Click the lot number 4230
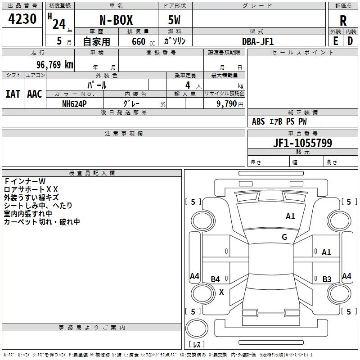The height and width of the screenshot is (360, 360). [x=22, y=19]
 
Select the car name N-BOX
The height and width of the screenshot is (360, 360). [x=116, y=20]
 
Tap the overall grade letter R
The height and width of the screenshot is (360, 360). [x=343, y=21]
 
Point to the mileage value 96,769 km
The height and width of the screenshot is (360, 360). [x=55, y=65]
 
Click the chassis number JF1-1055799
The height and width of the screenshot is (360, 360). [x=302, y=143]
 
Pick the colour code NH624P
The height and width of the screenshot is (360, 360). [x=74, y=104]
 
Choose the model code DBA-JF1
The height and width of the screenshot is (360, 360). [x=258, y=41]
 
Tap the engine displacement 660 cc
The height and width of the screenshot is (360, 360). [x=143, y=42]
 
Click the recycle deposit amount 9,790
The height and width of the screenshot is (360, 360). [x=227, y=104]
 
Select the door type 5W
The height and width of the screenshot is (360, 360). [x=174, y=20]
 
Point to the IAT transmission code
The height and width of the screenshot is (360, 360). [x=13, y=94]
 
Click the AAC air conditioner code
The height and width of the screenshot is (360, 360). [x=35, y=94]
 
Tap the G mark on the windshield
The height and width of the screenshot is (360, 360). [x=284, y=237]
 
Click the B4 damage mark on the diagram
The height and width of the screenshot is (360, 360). [x=216, y=279]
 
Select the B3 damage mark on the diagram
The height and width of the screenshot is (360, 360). [x=327, y=279]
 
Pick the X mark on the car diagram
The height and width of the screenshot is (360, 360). [x=221, y=292]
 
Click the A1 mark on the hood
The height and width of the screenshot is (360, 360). [x=290, y=216]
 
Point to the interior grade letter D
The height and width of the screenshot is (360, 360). [x=350, y=41]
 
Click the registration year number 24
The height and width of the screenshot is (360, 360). [x=59, y=24]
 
